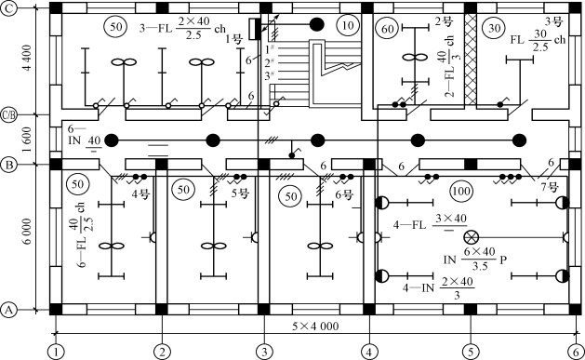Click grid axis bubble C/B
click(x=8, y=115)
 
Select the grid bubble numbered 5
click(x=471, y=352)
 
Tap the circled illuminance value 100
click(x=460, y=191)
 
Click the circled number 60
click(x=388, y=29)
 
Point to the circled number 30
click(x=495, y=28)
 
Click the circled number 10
click(x=347, y=25)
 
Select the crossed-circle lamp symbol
click(x=471, y=237)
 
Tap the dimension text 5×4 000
click(x=315, y=327)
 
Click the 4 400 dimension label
click(x=28, y=59)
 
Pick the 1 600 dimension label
click(x=28, y=140)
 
